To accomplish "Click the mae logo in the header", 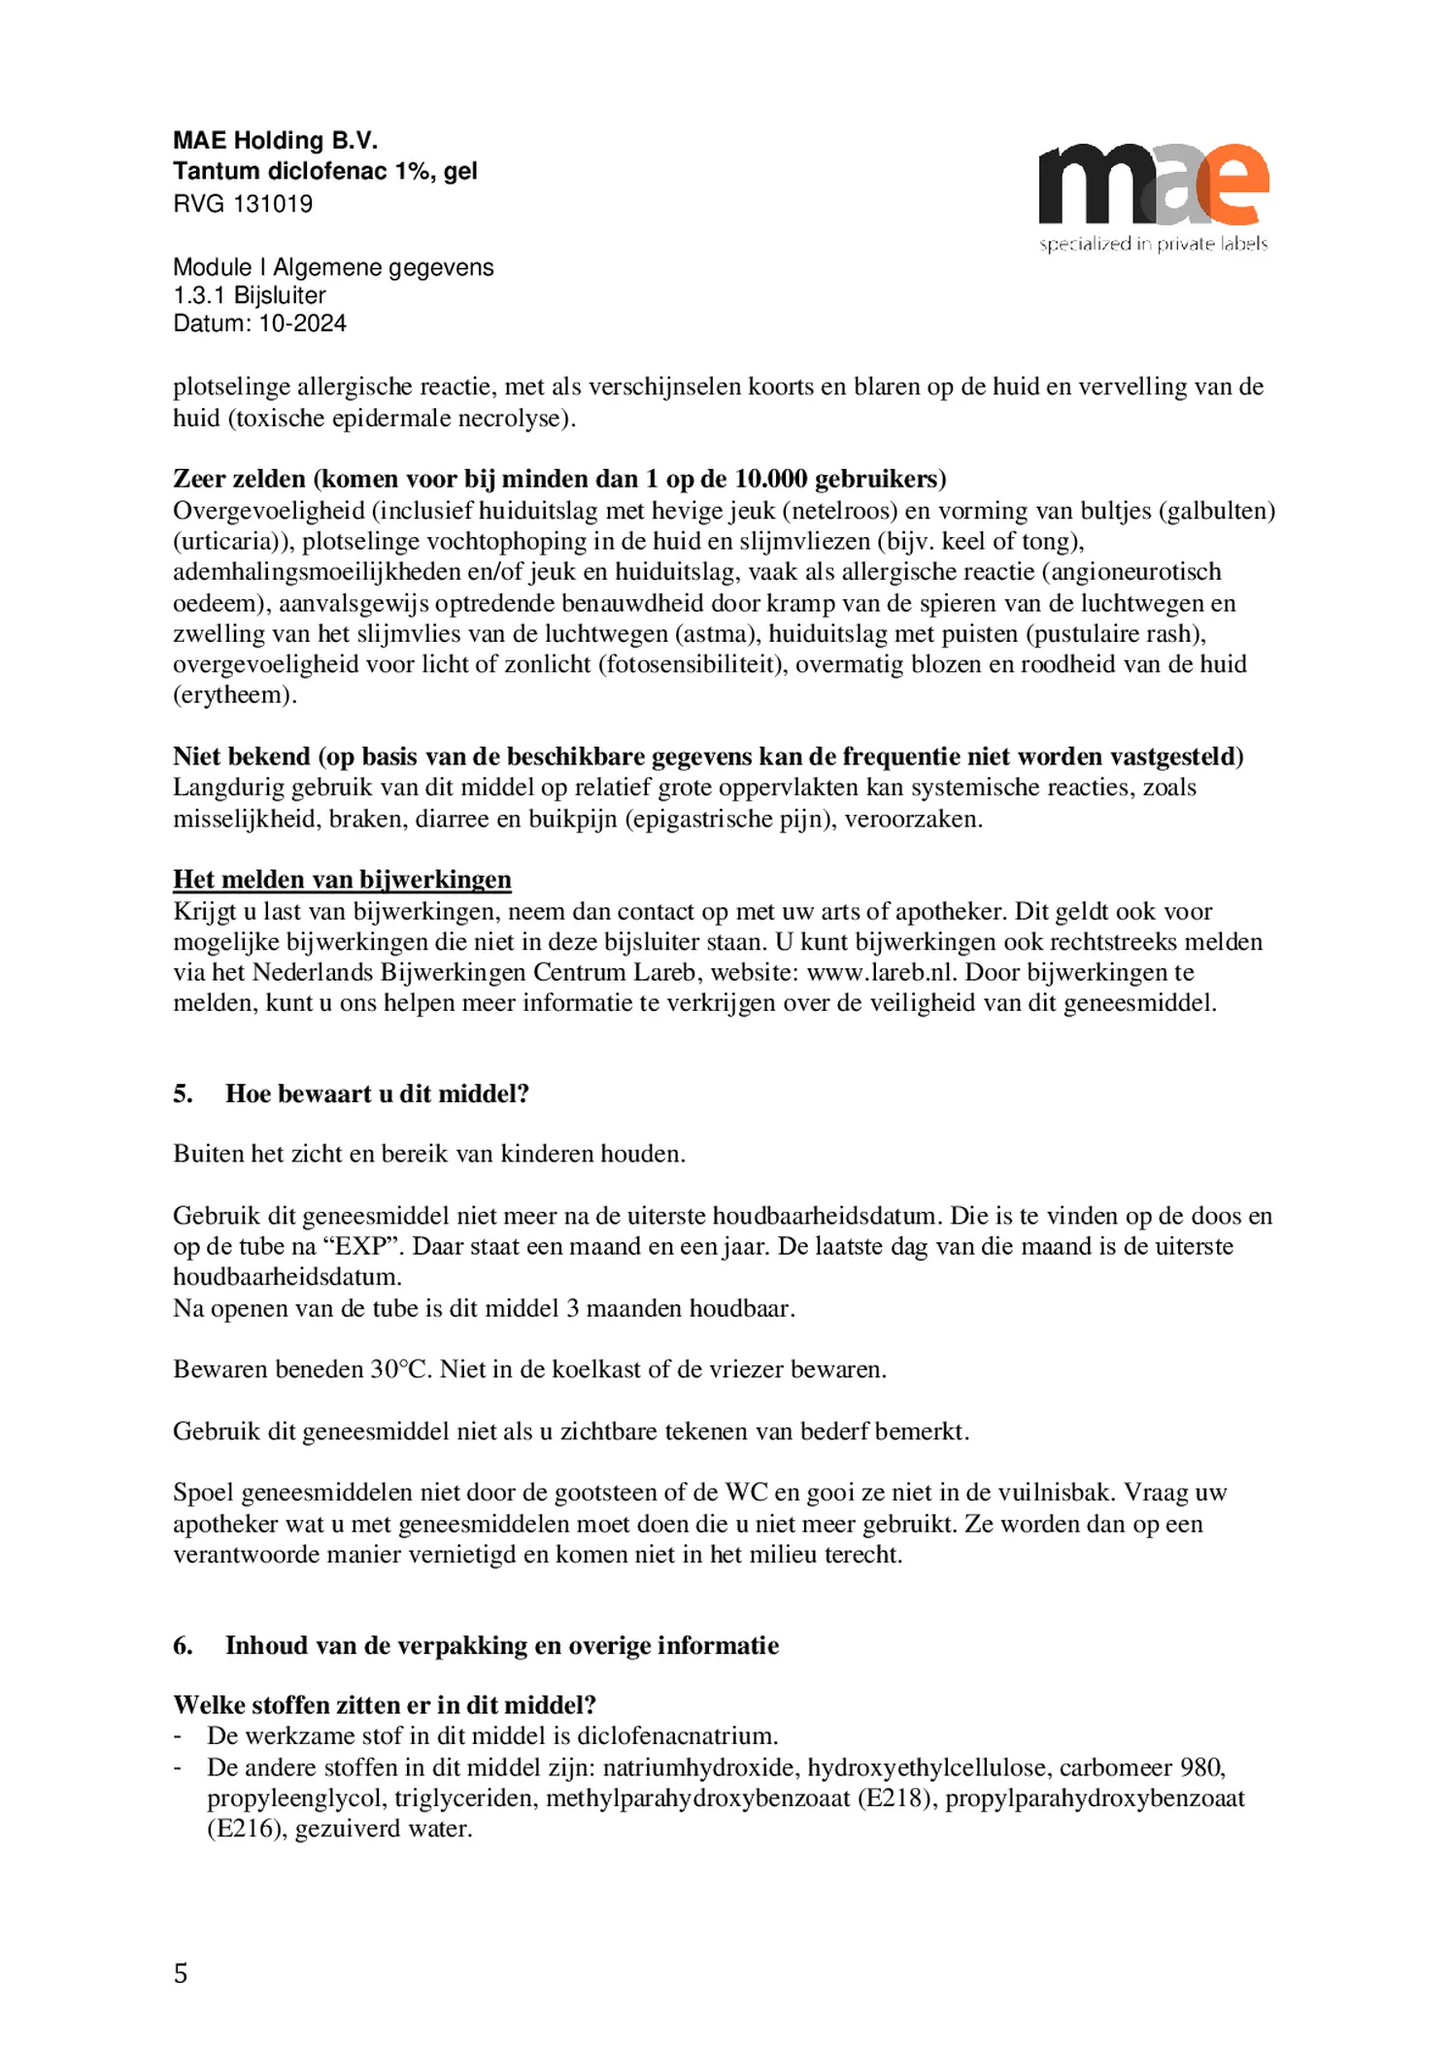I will [1153, 185].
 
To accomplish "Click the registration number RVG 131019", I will [243, 204].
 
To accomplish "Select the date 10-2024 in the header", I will [302, 323].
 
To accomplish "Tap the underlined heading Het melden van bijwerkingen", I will [342, 880].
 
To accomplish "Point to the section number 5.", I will [183, 1094].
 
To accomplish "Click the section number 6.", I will [183, 1646].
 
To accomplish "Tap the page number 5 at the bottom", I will [181, 1973].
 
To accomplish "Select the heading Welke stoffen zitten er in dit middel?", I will [385, 1705].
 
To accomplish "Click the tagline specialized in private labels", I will [1153, 244].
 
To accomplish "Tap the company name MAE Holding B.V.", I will [275, 142].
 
